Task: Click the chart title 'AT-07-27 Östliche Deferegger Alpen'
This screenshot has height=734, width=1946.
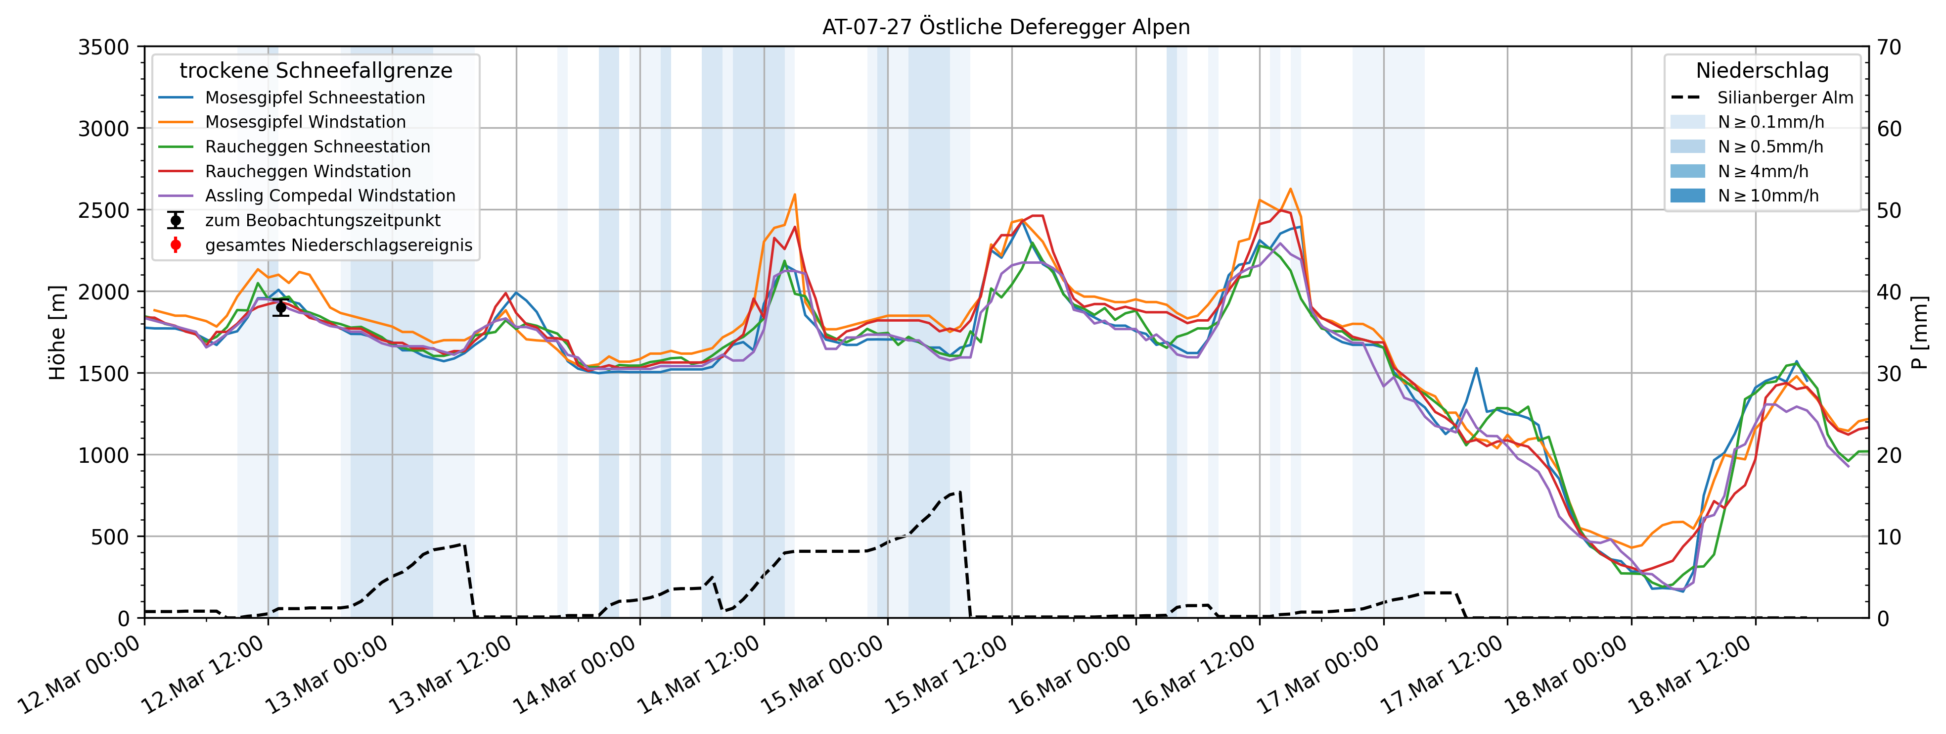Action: [x=1005, y=27]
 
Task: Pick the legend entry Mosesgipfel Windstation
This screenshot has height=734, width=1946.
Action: [x=305, y=122]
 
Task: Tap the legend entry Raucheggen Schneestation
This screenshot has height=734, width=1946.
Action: [x=317, y=147]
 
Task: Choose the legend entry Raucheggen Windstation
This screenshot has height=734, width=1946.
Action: [x=308, y=172]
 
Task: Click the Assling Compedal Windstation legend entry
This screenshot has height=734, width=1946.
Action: [x=330, y=196]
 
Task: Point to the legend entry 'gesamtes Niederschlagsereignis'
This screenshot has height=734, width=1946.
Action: [x=338, y=245]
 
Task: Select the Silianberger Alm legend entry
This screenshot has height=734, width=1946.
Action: [x=1784, y=98]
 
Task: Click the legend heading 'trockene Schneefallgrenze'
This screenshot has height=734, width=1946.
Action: [x=316, y=71]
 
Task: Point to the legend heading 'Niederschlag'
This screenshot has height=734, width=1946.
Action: [x=1762, y=71]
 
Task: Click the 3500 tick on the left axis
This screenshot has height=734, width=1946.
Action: [x=103, y=47]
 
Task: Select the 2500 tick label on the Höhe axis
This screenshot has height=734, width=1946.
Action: [x=103, y=210]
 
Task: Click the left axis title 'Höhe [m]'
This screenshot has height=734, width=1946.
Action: [x=57, y=333]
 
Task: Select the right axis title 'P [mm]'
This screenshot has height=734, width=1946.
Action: [x=1920, y=333]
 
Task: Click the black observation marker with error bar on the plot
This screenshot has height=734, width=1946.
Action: [x=281, y=307]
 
